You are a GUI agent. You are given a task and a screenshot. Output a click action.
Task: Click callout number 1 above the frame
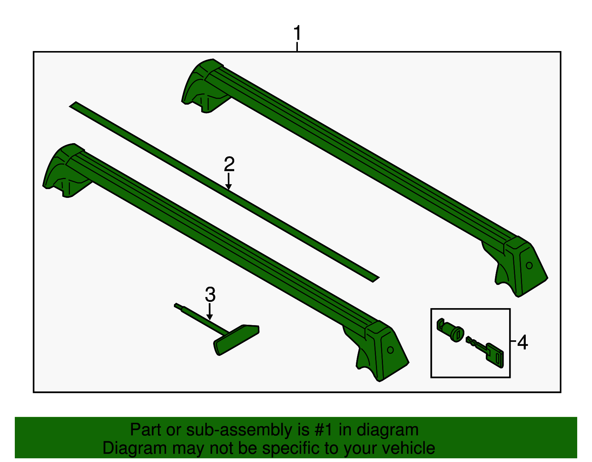click(x=297, y=34)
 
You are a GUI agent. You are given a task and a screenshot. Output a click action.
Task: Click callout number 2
click(x=229, y=164)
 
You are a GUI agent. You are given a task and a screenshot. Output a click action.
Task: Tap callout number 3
click(x=210, y=295)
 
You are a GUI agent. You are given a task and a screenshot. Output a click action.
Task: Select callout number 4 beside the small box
click(x=522, y=342)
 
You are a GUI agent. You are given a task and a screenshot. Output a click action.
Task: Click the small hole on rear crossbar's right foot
click(x=529, y=265)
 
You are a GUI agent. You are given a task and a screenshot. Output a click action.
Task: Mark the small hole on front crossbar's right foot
click(x=390, y=350)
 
